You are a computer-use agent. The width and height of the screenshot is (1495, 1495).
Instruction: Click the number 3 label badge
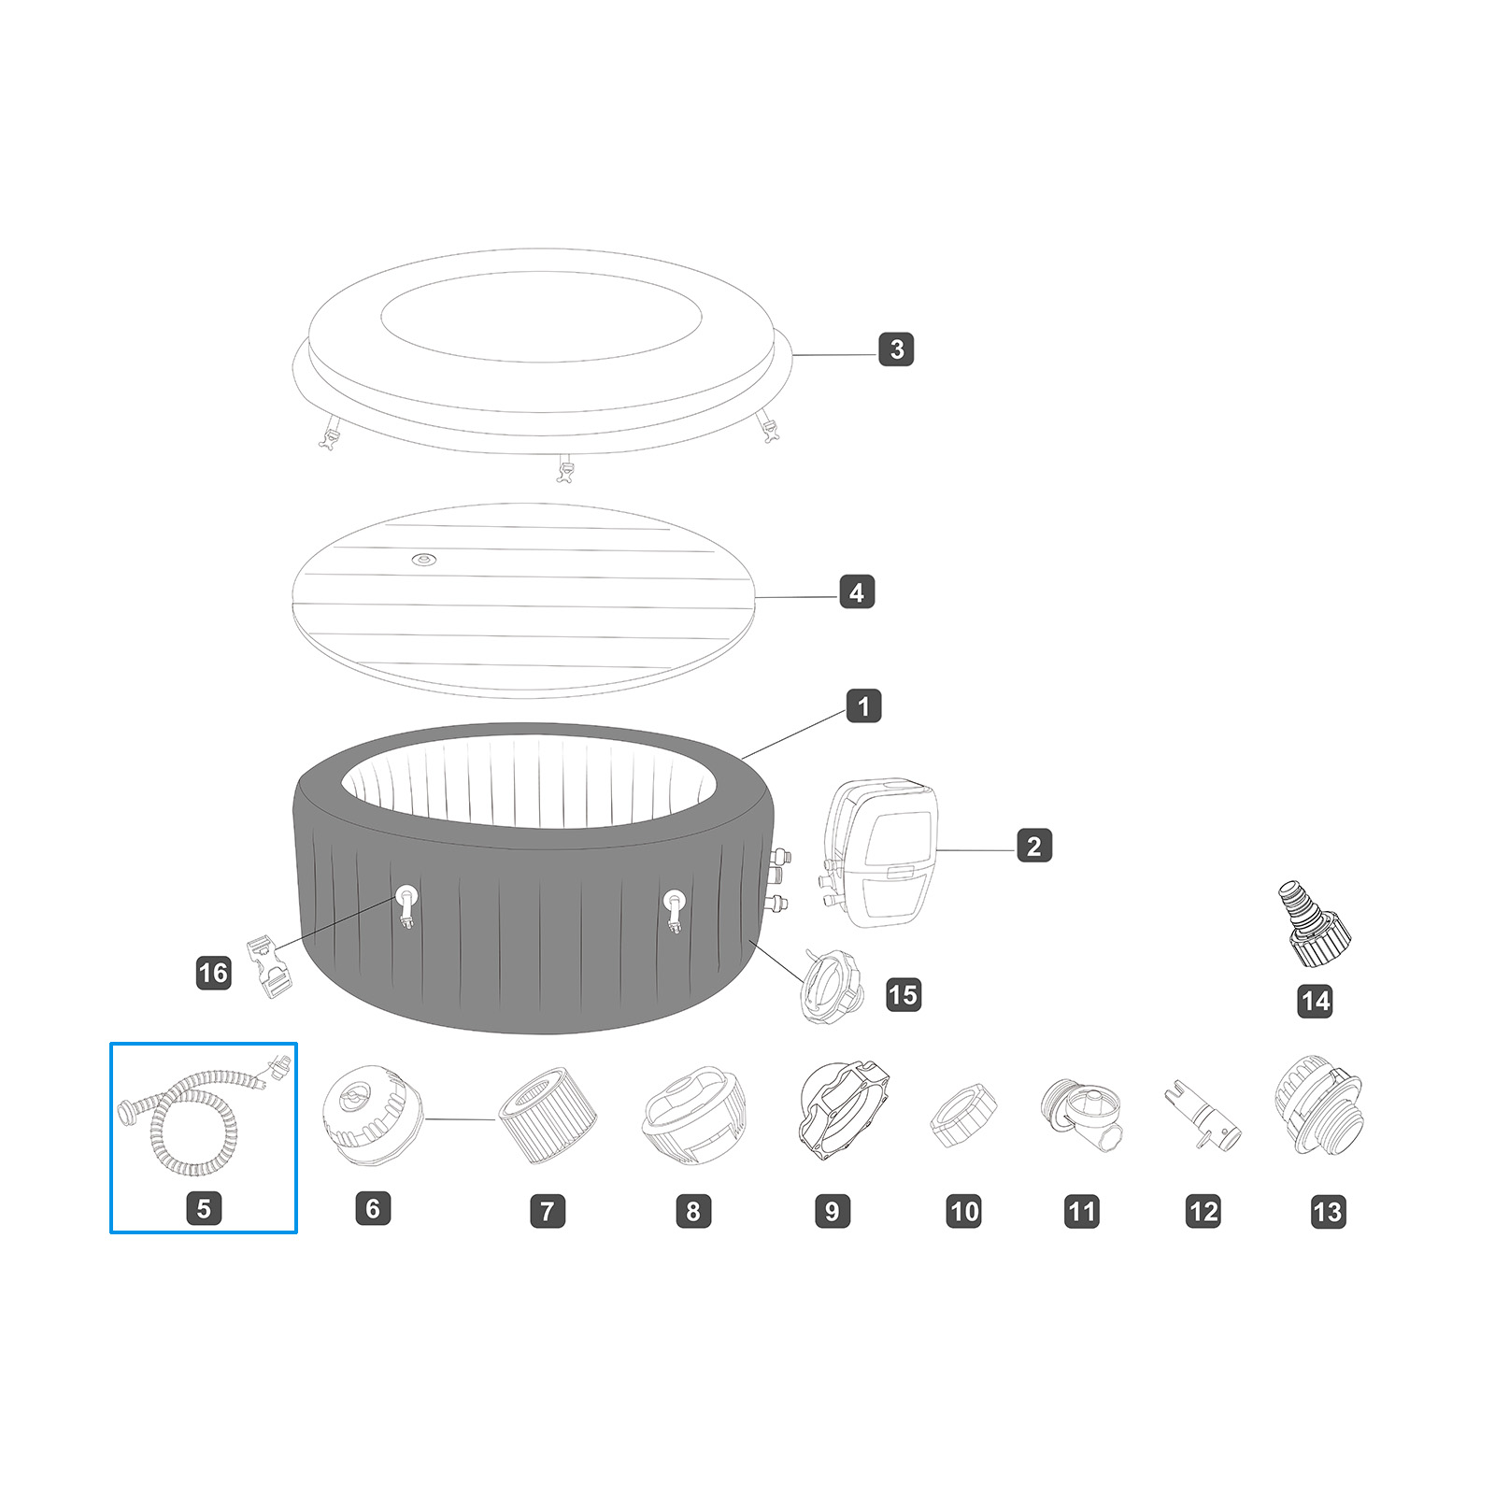896,349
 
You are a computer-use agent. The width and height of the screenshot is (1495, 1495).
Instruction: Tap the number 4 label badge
857,591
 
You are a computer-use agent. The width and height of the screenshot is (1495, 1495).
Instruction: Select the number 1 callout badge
863,706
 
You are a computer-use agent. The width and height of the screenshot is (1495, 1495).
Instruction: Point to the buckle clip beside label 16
269,968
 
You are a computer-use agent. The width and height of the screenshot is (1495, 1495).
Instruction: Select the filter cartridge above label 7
547,1114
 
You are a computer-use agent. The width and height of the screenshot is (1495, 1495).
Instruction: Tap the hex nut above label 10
963,1115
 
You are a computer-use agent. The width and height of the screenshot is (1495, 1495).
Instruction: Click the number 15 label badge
903,994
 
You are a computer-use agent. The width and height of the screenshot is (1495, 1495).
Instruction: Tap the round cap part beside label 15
831,985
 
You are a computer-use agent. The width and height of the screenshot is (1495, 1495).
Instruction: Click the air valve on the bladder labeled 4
424,560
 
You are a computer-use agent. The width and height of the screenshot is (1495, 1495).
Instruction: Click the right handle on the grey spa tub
674,907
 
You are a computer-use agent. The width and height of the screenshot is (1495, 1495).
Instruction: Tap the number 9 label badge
832,1211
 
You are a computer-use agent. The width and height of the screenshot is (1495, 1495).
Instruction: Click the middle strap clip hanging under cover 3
563,469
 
